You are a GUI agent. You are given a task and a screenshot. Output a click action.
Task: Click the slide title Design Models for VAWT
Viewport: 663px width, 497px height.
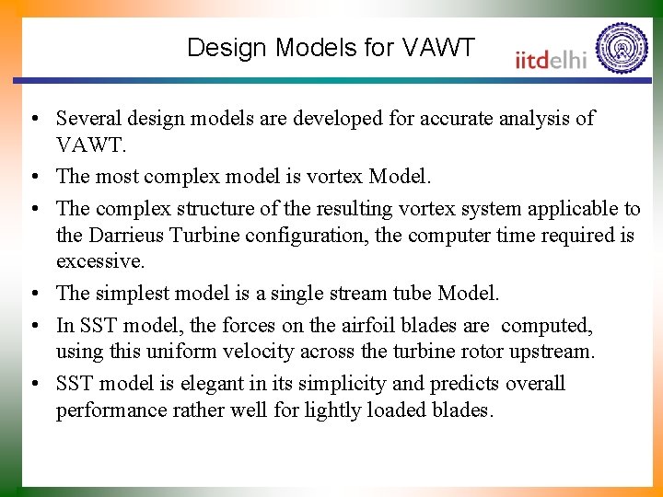click(x=331, y=48)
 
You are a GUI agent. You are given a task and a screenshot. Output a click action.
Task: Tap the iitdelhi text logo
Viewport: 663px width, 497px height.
click(x=551, y=59)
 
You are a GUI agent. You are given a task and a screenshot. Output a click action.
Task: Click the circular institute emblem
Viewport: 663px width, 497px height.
click(x=622, y=48)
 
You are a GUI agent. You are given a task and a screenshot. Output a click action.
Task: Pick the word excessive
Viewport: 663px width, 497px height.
click(x=100, y=260)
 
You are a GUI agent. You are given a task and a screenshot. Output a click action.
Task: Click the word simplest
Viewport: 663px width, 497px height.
click(x=135, y=294)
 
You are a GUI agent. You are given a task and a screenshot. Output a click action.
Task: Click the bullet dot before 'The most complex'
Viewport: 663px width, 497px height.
click(x=33, y=177)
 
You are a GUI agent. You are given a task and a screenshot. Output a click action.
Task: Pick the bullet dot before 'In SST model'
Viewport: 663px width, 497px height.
click(x=33, y=327)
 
